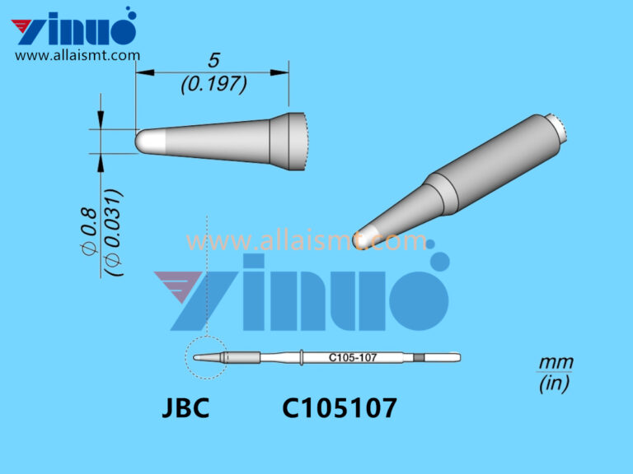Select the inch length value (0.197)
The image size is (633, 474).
(x=213, y=84)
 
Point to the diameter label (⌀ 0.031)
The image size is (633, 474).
(x=115, y=233)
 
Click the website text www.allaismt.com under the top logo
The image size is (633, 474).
(x=77, y=56)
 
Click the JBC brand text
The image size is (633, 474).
(x=185, y=407)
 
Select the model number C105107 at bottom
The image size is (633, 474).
(x=340, y=407)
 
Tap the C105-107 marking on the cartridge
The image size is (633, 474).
(x=352, y=357)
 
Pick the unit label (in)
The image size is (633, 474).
(x=555, y=383)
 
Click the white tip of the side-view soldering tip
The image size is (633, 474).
(x=149, y=141)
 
